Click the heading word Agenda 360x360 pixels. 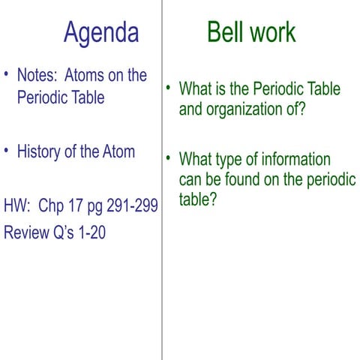(x=101, y=32)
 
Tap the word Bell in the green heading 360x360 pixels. (x=224, y=32)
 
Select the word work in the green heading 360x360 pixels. (x=270, y=32)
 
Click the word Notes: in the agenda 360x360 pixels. (x=37, y=76)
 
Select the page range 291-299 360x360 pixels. (x=130, y=206)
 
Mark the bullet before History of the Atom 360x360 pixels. (x=7, y=151)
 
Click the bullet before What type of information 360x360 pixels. (x=169, y=159)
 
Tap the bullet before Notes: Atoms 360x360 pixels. (x=7, y=75)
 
